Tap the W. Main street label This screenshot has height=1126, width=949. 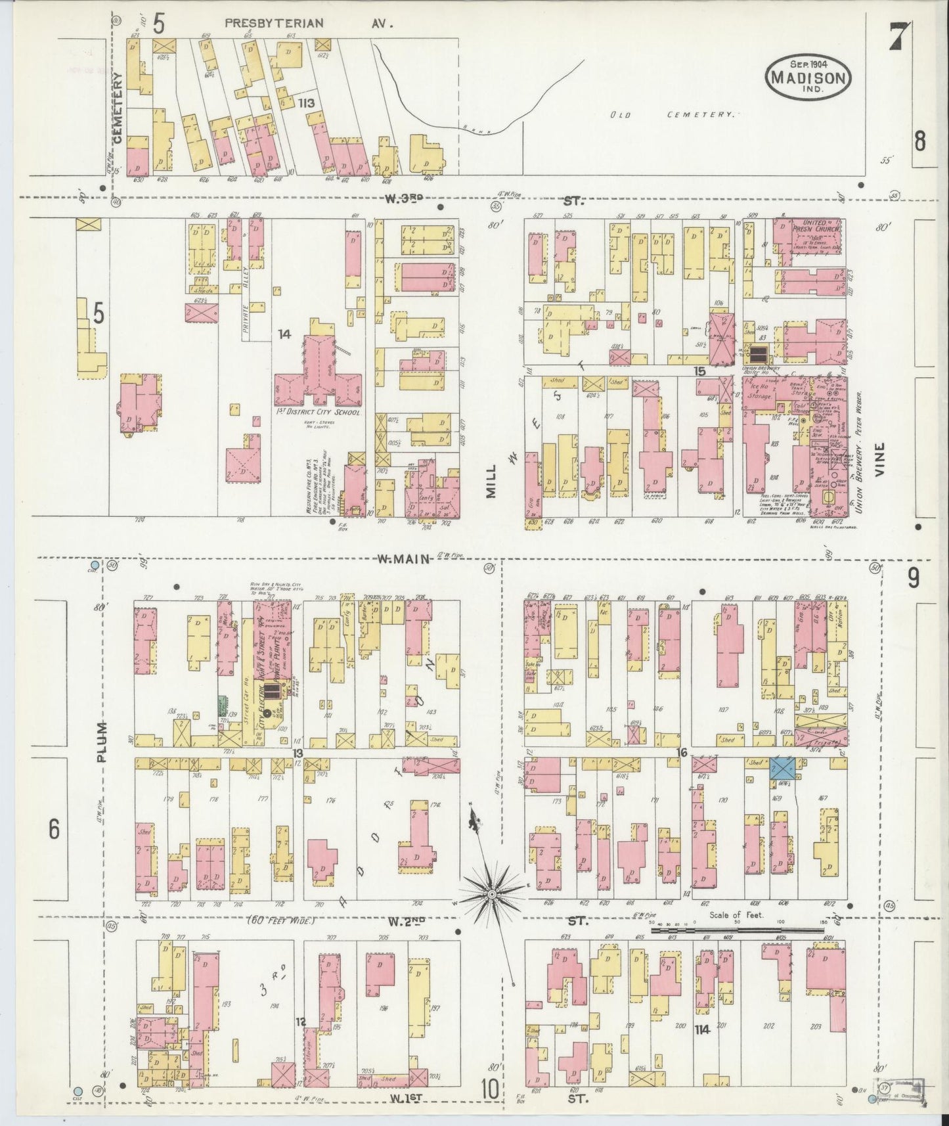click(x=403, y=559)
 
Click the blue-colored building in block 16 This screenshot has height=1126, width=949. click(x=783, y=767)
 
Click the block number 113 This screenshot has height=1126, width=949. click(x=305, y=103)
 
